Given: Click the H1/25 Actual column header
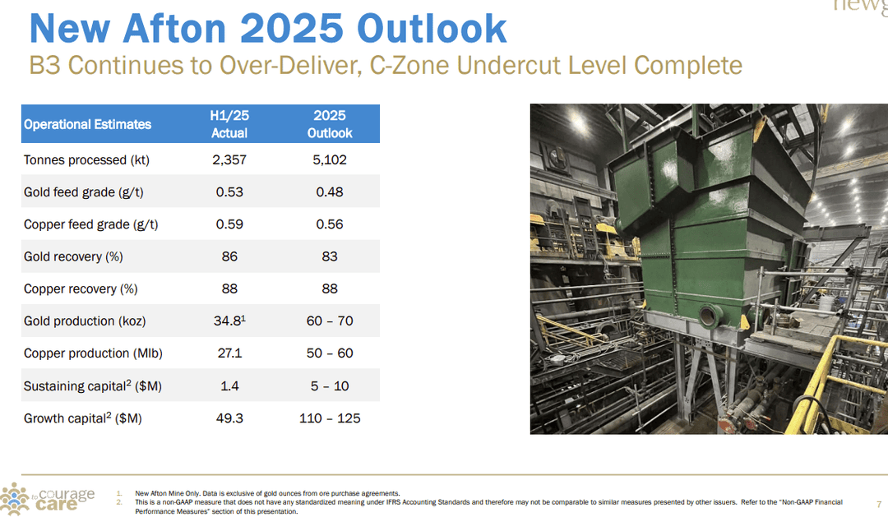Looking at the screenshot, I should pos(229,124).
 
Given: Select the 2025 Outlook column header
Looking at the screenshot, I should pos(329,124).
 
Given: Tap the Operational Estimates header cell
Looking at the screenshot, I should pos(87,124).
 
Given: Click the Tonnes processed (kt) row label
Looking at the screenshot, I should pos(86,159).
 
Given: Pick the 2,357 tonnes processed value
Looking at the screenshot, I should pos(229,159).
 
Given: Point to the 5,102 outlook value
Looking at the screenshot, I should pos(329,159).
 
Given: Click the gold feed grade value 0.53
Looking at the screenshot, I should pos(229,192).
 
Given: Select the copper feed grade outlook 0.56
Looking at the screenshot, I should pos(329,224).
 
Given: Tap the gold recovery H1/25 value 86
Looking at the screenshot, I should pos(229,256).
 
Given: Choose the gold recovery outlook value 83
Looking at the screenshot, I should pos(329,256).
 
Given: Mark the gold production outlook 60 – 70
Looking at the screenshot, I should pos(329,321).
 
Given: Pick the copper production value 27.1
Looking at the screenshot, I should pos(229,353).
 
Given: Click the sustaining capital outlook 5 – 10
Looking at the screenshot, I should pos(329,385).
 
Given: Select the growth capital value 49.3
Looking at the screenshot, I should pos(229,418).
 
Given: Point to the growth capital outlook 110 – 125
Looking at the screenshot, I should pos(329,418).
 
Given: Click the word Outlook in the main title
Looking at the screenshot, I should pos(432,29).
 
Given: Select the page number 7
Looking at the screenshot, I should pos(879,503).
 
